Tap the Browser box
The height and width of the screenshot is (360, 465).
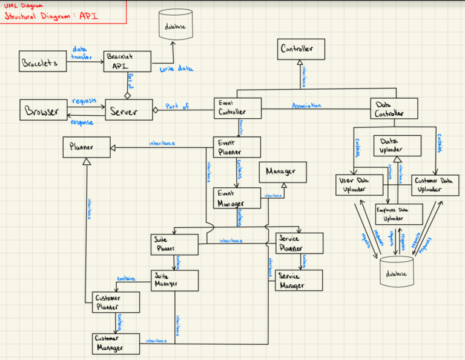point(42,112)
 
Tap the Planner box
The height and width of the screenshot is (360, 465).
point(86,147)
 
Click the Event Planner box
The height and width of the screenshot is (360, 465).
point(238,147)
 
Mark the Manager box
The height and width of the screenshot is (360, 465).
point(282,172)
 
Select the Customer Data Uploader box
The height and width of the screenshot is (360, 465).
point(435,185)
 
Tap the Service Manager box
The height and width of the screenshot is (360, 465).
point(298,280)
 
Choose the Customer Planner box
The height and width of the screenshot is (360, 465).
point(116,303)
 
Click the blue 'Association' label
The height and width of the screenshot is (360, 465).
point(306,105)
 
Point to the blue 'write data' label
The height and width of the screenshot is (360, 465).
point(176,70)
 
